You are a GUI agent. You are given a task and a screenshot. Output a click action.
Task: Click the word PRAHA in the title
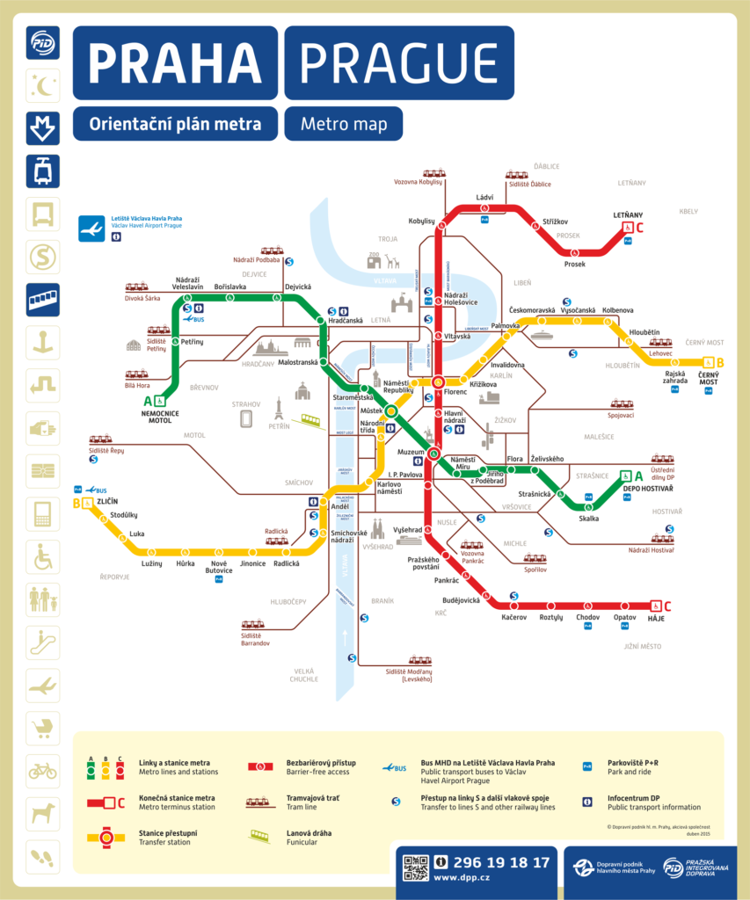(175, 62)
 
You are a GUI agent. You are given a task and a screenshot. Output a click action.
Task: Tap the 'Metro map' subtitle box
(343, 124)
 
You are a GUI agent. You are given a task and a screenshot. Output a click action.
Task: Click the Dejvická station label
(297, 287)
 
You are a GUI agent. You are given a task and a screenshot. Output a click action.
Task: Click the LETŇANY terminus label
(628, 214)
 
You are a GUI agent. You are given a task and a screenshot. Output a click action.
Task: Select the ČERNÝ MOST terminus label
(709, 377)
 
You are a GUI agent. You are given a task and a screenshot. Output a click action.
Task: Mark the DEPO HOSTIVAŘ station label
(648, 488)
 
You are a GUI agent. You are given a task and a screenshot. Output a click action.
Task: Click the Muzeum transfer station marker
(433, 454)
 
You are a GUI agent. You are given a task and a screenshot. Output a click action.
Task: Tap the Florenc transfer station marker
(437, 381)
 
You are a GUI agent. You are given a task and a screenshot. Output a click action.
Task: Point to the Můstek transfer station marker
(390, 410)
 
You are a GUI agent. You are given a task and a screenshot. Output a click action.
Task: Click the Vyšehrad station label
(407, 530)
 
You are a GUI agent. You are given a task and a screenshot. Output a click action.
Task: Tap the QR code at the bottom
(416, 867)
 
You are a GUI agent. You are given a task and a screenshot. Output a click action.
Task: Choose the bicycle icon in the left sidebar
(43, 771)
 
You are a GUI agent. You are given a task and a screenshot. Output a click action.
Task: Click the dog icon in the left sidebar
(43, 814)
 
